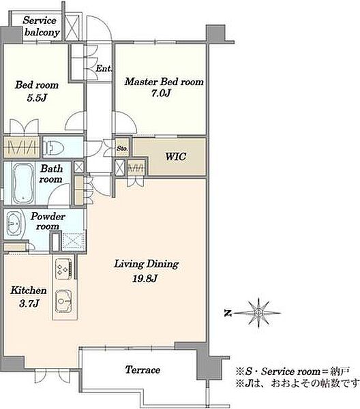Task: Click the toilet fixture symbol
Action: [53, 148]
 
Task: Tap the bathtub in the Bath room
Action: [23, 183]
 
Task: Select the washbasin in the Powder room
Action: [14, 224]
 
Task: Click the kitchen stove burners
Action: [64, 269]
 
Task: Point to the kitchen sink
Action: [64, 301]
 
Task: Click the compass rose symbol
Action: [258, 312]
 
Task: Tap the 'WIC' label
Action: [175, 157]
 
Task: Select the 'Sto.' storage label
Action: [122, 149]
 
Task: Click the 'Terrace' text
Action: [142, 369]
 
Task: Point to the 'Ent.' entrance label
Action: [104, 68]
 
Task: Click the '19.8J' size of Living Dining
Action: [145, 279]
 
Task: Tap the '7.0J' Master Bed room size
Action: [161, 93]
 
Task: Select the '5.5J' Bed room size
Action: [37, 98]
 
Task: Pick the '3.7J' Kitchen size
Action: [29, 303]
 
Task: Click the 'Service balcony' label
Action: [40, 27]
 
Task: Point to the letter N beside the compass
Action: [228, 313]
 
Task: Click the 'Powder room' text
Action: [48, 221]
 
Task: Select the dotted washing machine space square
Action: [74, 241]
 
